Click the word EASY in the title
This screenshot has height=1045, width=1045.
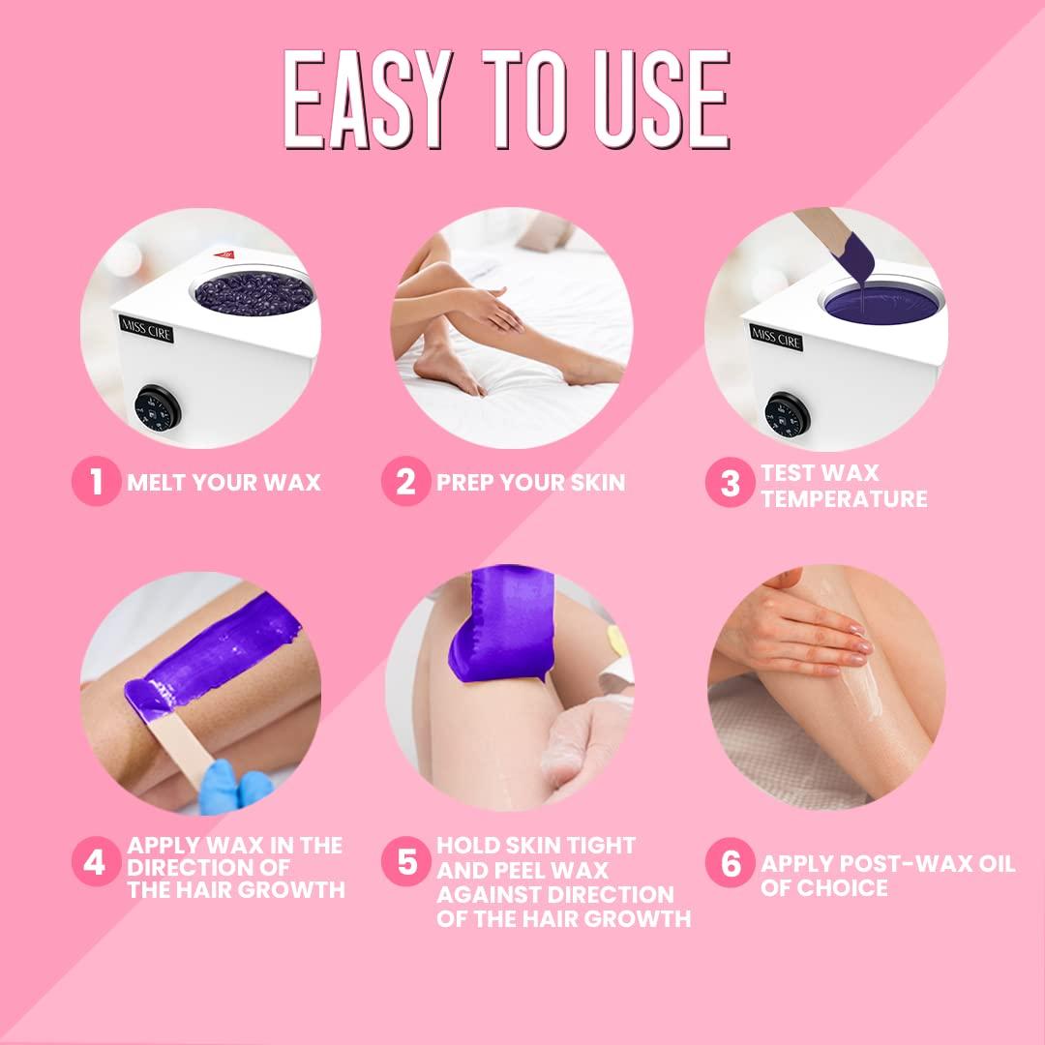click(x=370, y=100)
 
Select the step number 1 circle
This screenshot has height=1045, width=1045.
click(x=96, y=481)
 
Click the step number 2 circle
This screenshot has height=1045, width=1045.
click(x=405, y=481)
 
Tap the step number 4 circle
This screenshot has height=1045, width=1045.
click(x=96, y=862)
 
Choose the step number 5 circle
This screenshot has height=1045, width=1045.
click(x=405, y=862)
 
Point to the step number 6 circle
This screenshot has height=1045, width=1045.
click(x=730, y=863)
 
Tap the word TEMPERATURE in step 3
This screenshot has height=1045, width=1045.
click(x=844, y=499)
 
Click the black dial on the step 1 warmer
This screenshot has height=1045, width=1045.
click(x=158, y=410)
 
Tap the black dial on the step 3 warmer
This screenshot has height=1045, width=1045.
click(x=786, y=417)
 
